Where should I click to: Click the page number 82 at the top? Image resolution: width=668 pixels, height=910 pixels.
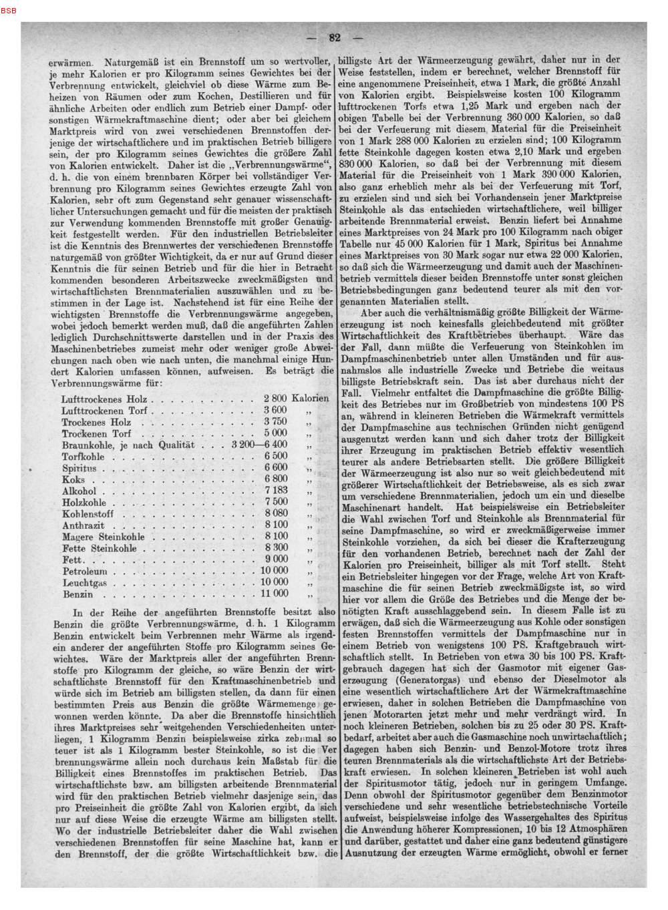click(x=334, y=38)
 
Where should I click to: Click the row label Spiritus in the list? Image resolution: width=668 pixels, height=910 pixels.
click(x=79, y=467)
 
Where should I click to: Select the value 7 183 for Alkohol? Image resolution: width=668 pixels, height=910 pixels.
click(x=275, y=490)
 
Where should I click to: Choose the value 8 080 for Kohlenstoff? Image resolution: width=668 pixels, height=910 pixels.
click(x=275, y=513)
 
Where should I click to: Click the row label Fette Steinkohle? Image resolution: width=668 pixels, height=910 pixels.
click(x=99, y=548)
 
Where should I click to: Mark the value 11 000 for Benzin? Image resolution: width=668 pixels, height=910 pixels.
click(x=274, y=593)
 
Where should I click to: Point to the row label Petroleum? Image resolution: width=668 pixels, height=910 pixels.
click(x=84, y=571)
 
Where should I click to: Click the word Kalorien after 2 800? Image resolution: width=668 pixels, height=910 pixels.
click(x=311, y=398)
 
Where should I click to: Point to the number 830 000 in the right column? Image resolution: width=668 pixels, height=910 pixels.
click(x=359, y=163)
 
